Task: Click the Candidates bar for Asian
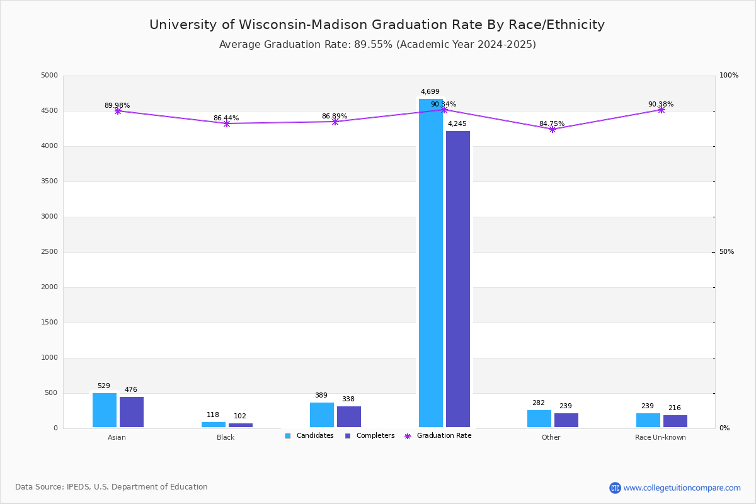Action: (x=105, y=410)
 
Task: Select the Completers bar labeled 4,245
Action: (x=458, y=279)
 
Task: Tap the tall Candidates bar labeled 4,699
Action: (x=431, y=263)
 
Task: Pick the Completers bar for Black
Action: (x=241, y=425)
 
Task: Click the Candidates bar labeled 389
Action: (x=322, y=415)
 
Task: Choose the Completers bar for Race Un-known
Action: (x=675, y=421)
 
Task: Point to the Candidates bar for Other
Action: (x=539, y=419)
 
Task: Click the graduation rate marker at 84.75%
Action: (x=552, y=129)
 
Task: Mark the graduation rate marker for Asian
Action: (x=117, y=111)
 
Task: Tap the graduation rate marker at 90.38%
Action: (x=661, y=110)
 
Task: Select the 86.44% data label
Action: (x=226, y=118)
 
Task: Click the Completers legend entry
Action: (x=370, y=435)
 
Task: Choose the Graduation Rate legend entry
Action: (x=438, y=435)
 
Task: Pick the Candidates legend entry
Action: (x=309, y=435)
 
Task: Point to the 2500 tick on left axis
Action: (x=49, y=251)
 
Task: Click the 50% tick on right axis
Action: (x=726, y=251)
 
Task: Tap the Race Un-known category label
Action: (x=660, y=437)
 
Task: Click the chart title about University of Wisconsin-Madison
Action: (x=377, y=25)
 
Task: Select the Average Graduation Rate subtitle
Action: (x=377, y=44)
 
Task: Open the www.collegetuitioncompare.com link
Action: (x=682, y=488)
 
